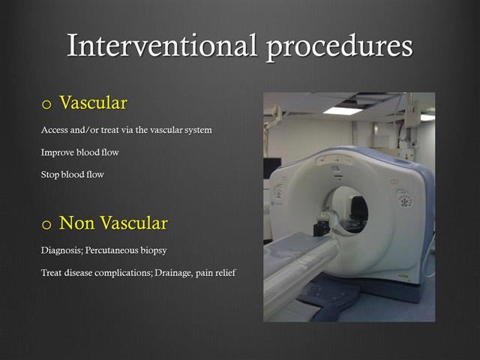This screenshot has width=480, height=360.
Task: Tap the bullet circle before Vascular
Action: tap(46, 103)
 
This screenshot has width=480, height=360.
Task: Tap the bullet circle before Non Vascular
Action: tap(46, 223)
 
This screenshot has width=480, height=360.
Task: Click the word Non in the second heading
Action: tap(76, 223)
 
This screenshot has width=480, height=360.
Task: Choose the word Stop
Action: tap(50, 175)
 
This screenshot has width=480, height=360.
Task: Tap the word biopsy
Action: tap(164, 250)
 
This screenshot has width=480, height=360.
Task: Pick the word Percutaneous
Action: tap(118, 250)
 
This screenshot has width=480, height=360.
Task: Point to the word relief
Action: tap(223, 272)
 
